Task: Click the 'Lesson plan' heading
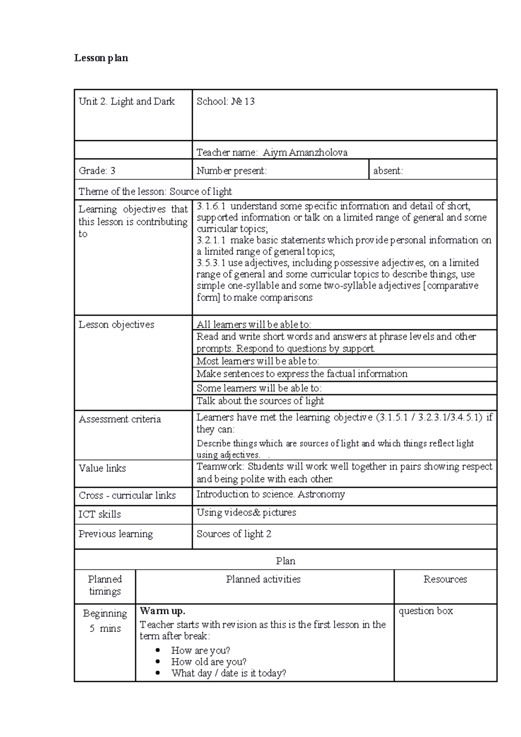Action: pyautogui.click(x=101, y=58)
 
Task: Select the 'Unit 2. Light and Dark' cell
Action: pyautogui.click(x=127, y=102)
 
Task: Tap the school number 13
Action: pyautogui.click(x=249, y=102)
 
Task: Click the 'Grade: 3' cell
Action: pyautogui.click(x=97, y=171)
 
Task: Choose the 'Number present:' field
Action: pyautogui.click(x=231, y=171)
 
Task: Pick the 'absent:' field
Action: pyautogui.click(x=388, y=171)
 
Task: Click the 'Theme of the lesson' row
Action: pyautogui.click(x=155, y=191)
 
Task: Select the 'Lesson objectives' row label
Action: pyautogui.click(x=116, y=325)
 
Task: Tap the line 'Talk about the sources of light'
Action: pyautogui.click(x=260, y=401)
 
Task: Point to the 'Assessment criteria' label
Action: pyautogui.click(x=120, y=419)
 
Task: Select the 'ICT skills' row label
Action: pyautogui.click(x=100, y=514)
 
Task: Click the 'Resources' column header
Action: pyautogui.click(x=445, y=579)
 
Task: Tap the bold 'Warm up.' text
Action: pyautogui.click(x=162, y=611)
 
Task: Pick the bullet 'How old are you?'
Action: pyautogui.click(x=209, y=662)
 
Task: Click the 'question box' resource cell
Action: pyautogui.click(x=425, y=611)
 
